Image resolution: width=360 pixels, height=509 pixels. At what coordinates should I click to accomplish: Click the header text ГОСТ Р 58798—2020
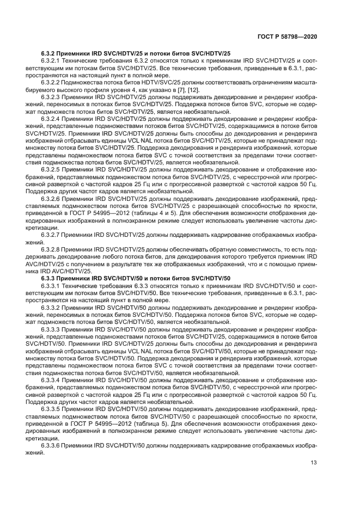pos(288,36)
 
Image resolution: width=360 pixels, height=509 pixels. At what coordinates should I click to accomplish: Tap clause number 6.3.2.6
pos(51,200)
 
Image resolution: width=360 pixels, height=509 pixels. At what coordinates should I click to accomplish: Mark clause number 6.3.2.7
pos(51,234)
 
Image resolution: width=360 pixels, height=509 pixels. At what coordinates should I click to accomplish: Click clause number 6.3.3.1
pos(51,285)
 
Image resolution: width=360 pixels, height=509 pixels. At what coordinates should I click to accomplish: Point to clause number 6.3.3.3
pos(51,329)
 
